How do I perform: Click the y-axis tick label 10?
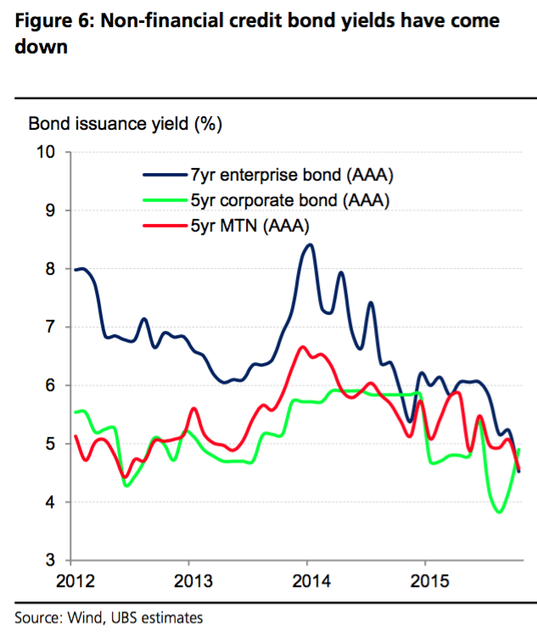pyautogui.click(x=45, y=152)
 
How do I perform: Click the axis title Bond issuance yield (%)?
pyautogui.click(x=125, y=124)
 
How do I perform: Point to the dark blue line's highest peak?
pyautogui.click(x=309, y=244)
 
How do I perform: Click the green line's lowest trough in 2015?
pyautogui.click(x=499, y=512)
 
